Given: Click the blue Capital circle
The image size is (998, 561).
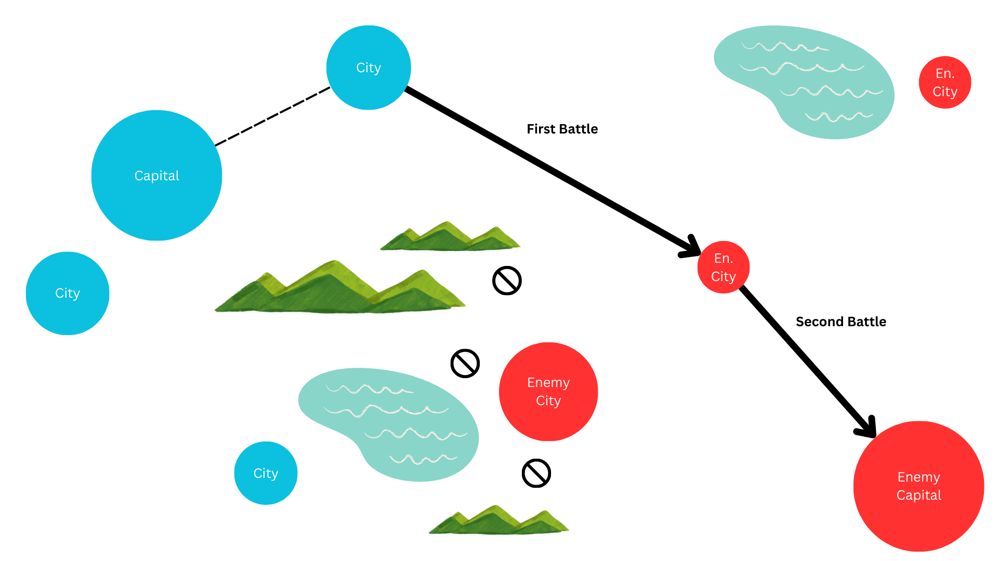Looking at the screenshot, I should [156, 176].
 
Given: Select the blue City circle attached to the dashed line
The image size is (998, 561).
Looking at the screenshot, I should [369, 68].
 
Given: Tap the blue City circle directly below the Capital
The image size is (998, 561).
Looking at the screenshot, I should [68, 293].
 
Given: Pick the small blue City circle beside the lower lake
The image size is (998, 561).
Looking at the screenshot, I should [266, 473].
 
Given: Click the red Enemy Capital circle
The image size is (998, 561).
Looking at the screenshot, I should [918, 486].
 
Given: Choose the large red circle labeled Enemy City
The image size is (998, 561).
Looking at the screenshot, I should [548, 392].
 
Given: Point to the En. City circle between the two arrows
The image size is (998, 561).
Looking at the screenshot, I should [724, 267].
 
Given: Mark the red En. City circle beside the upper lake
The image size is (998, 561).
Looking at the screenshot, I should [945, 82].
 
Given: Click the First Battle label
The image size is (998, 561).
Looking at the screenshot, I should [562, 129].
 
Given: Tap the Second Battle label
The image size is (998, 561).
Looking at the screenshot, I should [841, 322].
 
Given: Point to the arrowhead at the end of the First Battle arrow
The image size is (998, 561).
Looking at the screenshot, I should [691, 248].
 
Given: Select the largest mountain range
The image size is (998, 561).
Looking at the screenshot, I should [338, 291].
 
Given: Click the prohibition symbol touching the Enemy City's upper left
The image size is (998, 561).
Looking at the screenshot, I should [465, 363].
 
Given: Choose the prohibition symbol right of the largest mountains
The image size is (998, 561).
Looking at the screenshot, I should [507, 281].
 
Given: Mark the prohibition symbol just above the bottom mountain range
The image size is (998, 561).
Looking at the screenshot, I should [536, 473].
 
